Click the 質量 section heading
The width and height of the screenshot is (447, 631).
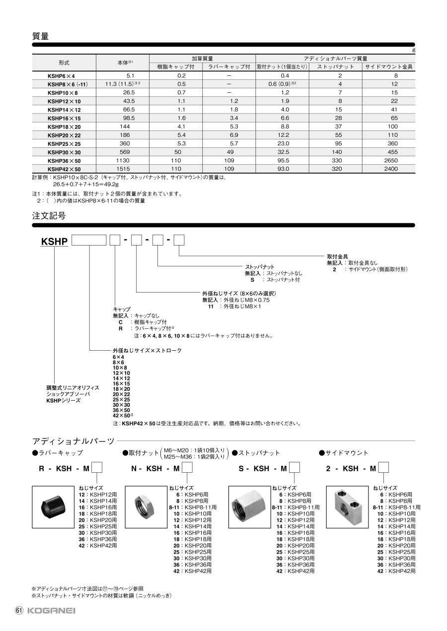click(40, 36)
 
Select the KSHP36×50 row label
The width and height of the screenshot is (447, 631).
click(64, 160)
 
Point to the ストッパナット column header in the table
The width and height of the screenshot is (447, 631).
click(336, 66)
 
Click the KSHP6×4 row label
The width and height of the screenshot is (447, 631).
click(61, 76)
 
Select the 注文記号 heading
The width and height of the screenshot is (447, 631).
click(49, 216)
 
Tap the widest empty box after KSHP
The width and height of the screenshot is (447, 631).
click(89, 241)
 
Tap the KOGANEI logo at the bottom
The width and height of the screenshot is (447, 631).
click(51, 610)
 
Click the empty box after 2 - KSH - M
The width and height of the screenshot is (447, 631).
click(383, 468)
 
